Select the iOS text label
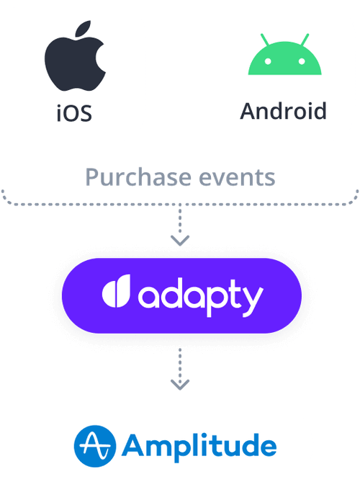coord(74,113)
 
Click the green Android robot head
coord(284,58)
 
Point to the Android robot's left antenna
coord(265,40)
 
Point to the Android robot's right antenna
coord(305,40)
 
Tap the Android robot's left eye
coord(268,61)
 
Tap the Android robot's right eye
coord(302,61)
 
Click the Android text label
coord(283,111)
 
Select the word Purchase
coord(140,177)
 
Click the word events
coord(237,178)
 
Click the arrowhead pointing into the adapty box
coord(180,241)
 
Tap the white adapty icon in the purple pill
coord(116,291)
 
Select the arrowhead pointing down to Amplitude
coord(180,385)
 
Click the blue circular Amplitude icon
coord(95,447)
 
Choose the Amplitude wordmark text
coord(199,447)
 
